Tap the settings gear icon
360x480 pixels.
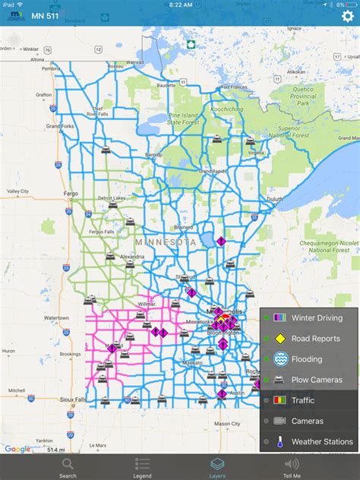[347, 17]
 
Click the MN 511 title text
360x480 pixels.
[47, 17]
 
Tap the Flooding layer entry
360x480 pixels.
[307, 359]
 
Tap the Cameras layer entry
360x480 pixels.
[307, 421]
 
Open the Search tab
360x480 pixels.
[68, 467]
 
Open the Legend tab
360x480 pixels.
[142, 467]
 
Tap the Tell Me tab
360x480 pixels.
[292, 467]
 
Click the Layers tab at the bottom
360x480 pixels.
[217, 467]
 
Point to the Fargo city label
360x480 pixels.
[71, 194]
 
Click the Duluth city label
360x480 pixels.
[274, 199]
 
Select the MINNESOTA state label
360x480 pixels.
[165, 242]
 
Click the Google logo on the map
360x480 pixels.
[17, 449]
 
